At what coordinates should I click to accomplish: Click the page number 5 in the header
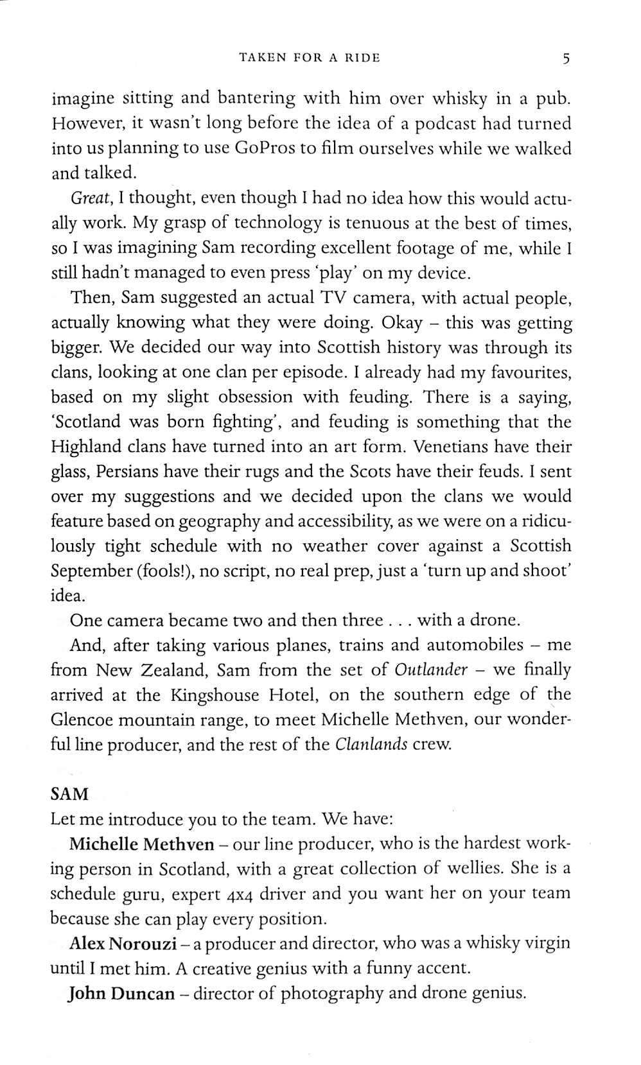point(565,59)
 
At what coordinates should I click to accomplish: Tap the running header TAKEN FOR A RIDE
point(310,58)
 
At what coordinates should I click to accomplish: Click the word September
point(91,571)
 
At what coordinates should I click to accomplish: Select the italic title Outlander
point(431,670)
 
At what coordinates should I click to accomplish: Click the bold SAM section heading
point(69,794)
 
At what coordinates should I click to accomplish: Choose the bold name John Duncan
point(121,994)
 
